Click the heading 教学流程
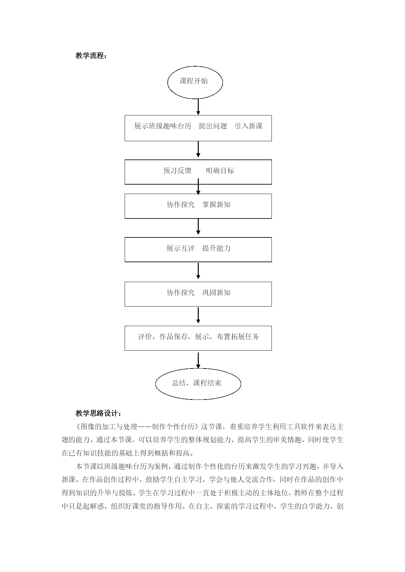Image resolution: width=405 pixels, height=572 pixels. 91,56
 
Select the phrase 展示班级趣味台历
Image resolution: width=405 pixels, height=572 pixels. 163,126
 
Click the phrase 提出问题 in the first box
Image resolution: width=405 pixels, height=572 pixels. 213,126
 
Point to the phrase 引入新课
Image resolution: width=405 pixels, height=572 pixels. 249,126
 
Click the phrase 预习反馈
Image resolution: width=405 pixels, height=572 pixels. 177,171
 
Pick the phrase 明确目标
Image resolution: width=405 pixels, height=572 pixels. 220,171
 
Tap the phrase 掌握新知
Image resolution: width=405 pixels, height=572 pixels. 216,204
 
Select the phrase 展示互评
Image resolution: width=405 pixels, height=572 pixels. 180,248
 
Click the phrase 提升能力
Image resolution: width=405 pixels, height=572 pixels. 216,248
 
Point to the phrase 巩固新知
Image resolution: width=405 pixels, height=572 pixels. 216,293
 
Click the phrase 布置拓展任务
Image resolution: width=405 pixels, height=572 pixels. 238,337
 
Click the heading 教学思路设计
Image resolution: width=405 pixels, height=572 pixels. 98,414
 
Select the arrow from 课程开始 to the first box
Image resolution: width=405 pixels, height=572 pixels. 198,107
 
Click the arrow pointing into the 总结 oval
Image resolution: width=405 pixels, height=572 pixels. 198,360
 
